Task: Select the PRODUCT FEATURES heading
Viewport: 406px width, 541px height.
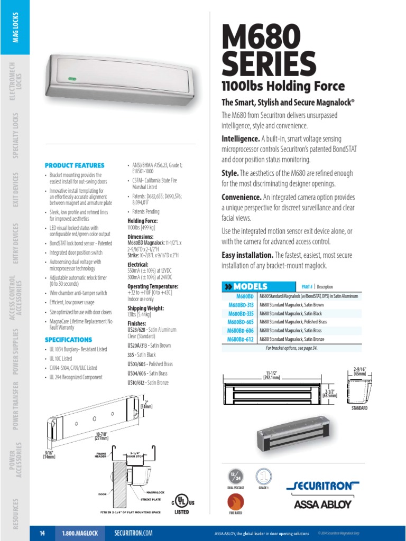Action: tap(75, 165)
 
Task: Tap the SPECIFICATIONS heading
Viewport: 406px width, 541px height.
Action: tap(68, 340)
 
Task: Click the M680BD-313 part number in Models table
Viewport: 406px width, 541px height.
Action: tap(241, 305)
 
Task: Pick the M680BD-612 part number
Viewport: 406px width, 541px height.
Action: tap(241, 339)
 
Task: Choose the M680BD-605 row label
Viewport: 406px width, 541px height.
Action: tap(241, 322)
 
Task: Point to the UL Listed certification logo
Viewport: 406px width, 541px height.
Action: tap(182, 502)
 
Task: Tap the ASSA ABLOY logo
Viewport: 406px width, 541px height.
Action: tap(322, 503)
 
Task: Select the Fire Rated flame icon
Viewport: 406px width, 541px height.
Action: tap(235, 502)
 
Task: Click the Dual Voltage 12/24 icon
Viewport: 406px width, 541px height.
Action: tap(236, 475)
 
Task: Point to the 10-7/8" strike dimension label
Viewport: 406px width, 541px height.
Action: tap(101, 435)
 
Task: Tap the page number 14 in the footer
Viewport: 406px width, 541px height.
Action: tap(42, 534)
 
